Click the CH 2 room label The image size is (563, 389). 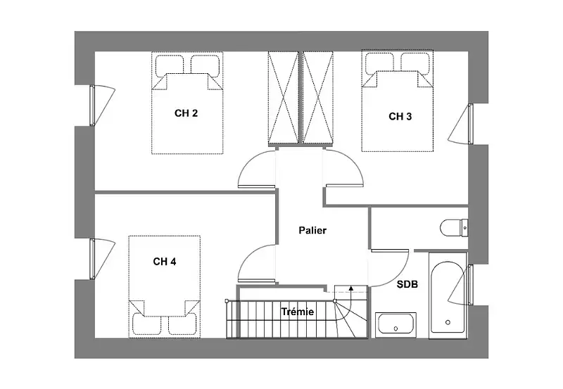[186, 113]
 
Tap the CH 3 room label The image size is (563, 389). [400, 116]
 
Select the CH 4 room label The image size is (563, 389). [165, 262]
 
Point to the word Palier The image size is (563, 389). [312, 231]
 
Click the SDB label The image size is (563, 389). [407, 285]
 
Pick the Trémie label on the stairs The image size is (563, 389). [297, 312]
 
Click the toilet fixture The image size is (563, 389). [454, 227]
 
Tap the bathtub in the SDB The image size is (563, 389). [448, 295]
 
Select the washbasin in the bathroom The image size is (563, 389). [396, 325]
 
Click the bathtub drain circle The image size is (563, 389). [448, 322]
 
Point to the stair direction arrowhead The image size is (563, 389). [350, 287]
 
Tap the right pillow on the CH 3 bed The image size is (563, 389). [415, 63]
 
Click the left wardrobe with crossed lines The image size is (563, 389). [284, 98]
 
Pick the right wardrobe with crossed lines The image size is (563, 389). [318, 98]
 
